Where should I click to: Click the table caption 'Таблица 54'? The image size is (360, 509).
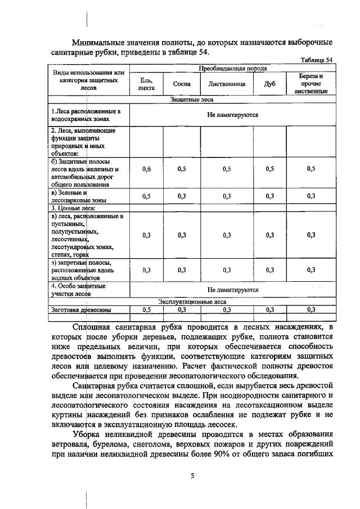(317, 60)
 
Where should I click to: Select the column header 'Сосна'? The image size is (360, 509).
(181, 84)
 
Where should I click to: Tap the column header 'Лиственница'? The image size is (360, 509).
(227, 84)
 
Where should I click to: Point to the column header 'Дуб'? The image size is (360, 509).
(270, 84)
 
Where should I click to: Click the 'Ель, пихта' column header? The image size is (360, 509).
(146, 84)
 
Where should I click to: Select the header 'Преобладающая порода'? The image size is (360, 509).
(233, 68)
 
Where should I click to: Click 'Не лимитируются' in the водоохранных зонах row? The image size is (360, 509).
(233, 115)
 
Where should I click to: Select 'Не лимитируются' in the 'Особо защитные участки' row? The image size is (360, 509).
(233, 290)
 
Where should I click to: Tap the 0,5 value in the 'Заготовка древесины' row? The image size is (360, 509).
(146, 309)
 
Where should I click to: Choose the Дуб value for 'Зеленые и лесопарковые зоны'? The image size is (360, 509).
(270, 196)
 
